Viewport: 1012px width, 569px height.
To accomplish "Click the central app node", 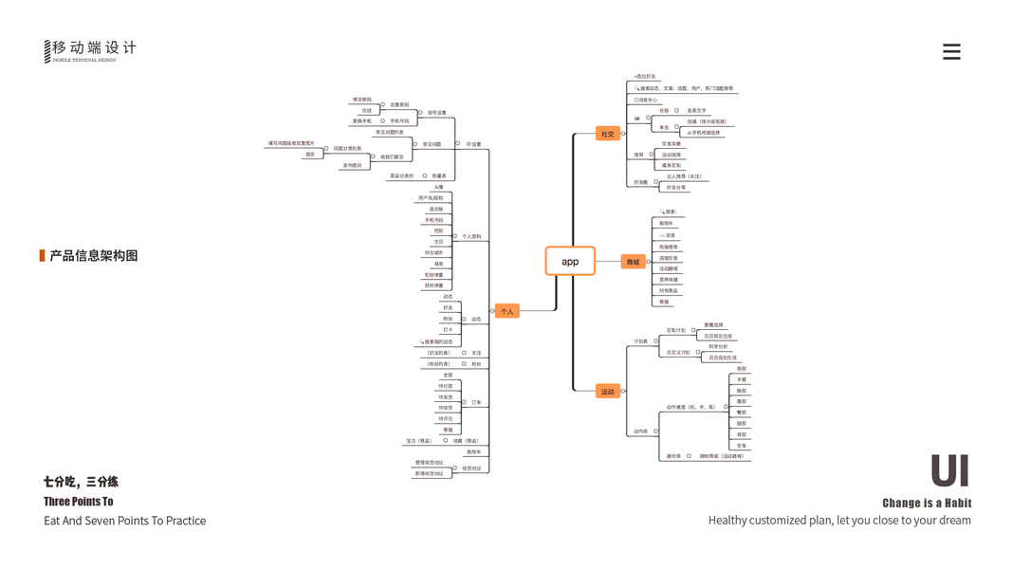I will coord(570,261).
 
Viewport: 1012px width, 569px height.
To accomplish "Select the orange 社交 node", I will coord(607,134).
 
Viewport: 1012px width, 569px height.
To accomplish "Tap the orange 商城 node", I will coord(633,261).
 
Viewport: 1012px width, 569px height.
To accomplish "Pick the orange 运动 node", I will coord(607,391).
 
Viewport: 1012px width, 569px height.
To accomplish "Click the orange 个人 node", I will coord(506,310).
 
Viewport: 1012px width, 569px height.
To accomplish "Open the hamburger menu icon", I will coord(951,52).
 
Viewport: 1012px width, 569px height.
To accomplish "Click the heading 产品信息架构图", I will coord(94,255).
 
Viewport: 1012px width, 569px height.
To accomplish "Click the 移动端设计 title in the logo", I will coord(94,47).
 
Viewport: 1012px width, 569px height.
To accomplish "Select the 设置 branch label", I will coord(475,144).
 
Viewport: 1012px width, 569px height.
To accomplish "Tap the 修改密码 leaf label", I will coord(361,100).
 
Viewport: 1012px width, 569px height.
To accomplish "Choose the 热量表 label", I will coord(439,175).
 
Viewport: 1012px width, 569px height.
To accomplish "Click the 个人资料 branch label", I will coord(471,236).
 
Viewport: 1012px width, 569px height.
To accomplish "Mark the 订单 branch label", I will coord(476,402).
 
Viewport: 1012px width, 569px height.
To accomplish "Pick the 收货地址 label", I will coord(471,468).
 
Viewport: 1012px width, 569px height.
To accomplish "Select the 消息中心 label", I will coord(648,100).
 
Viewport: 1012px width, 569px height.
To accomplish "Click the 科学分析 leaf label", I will coord(718,346).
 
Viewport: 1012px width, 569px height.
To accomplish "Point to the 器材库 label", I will coord(673,455).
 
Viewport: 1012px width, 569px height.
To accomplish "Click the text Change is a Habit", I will coord(927,503).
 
